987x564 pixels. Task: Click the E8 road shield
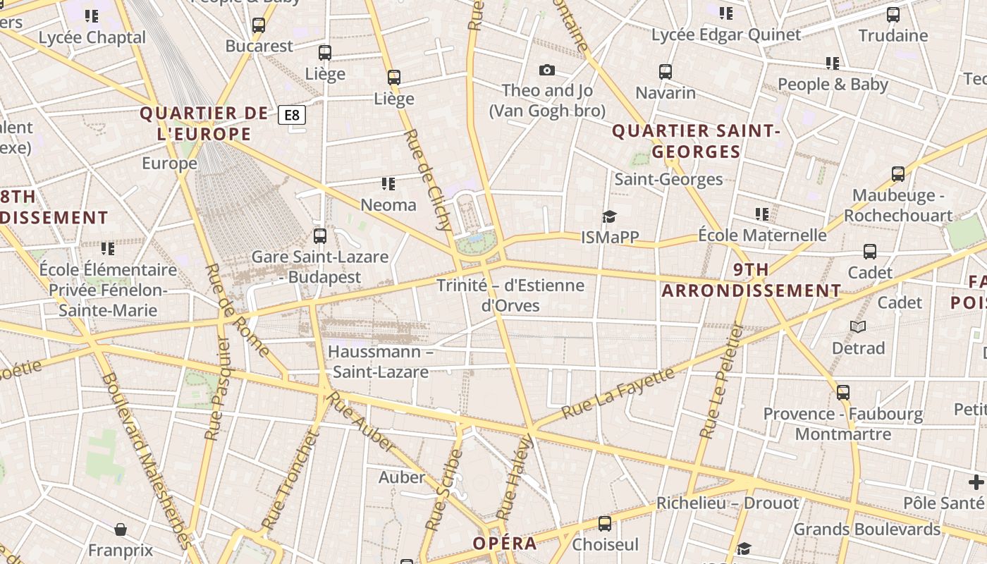click(292, 115)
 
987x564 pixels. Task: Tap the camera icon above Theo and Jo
click(546, 70)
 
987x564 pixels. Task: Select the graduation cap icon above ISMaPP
click(609, 216)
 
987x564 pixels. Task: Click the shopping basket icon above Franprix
click(121, 529)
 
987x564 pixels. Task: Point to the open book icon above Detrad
click(858, 326)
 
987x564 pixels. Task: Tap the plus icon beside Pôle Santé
click(976, 482)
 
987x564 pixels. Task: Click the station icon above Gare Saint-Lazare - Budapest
click(320, 235)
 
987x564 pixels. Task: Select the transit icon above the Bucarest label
click(259, 25)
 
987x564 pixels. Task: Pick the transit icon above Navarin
click(666, 71)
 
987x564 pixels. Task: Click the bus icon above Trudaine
click(893, 14)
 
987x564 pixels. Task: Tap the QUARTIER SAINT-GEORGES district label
click(696, 141)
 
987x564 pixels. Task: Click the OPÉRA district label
click(504, 544)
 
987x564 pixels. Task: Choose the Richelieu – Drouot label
click(728, 503)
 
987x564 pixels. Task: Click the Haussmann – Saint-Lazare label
click(381, 362)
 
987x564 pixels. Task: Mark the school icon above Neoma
click(388, 184)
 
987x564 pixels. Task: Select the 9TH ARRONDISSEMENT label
click(752, 280)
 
